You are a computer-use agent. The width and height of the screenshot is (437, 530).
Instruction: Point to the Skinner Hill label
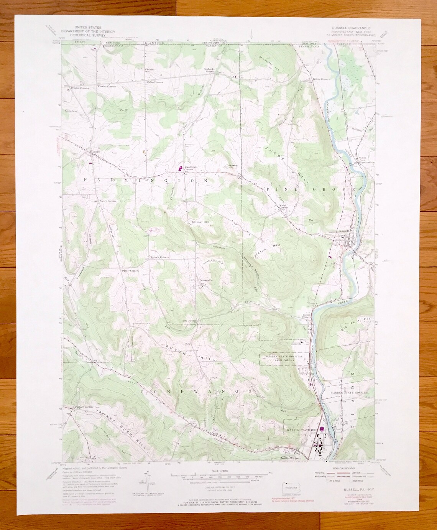[200, 222]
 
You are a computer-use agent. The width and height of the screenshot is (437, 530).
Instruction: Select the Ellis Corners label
[189, 321]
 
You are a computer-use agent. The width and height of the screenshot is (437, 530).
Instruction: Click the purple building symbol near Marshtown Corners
[179, 168]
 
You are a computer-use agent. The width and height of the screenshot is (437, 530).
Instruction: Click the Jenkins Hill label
[229, 166]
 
